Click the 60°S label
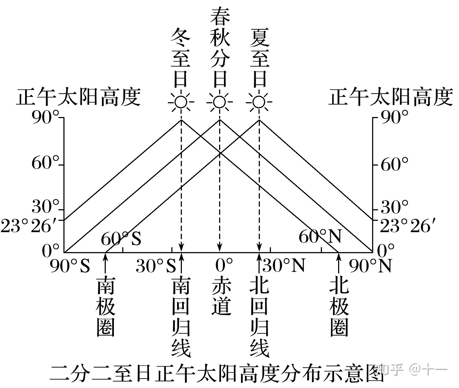tap(121, 238)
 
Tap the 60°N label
tap(320, 237)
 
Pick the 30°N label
tap(283, 265)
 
